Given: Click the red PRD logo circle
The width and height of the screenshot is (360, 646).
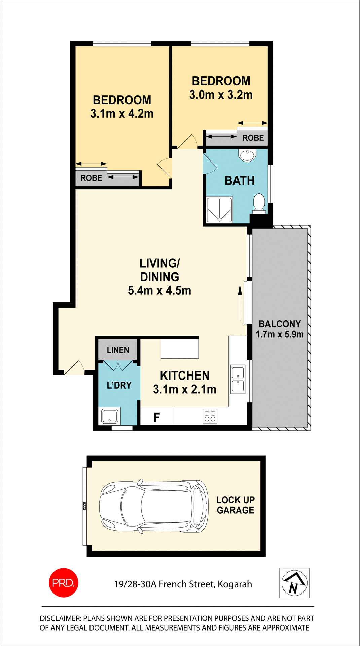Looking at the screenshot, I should [64, 583].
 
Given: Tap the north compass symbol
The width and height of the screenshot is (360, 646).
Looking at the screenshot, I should [294, 583].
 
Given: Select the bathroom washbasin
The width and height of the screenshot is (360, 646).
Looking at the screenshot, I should [247, 155].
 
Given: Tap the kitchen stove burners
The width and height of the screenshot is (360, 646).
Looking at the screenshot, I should [210, 416].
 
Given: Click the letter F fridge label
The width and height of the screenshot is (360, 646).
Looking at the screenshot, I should [156, 418].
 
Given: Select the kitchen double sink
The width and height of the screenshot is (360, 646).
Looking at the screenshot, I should [238, 379].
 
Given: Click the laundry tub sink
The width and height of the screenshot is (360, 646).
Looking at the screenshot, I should [109, 416].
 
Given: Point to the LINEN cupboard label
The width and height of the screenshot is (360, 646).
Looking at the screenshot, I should [118, 350].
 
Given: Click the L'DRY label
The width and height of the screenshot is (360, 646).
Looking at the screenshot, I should [119, 385].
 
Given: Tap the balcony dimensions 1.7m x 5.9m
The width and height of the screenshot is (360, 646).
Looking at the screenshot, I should [280, 334].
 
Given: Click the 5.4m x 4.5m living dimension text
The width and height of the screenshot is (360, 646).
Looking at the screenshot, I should [159, 290].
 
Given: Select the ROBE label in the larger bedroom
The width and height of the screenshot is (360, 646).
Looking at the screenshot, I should [91, 178].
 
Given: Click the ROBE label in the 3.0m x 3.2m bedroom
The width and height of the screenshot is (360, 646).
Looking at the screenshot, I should [253, 138].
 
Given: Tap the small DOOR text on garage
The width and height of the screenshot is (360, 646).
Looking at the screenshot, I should [85, 506].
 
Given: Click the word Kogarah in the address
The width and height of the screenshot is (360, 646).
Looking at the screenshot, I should [235, 584].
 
